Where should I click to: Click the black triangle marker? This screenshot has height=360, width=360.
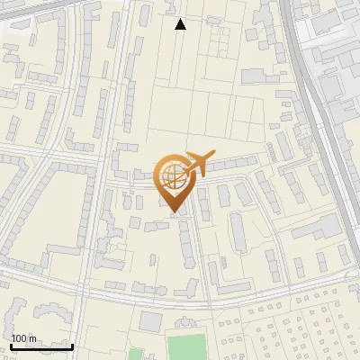[x=180, y=24]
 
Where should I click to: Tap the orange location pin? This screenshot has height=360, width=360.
[x=173, y=180]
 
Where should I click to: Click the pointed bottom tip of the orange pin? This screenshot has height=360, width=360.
[x=174, y=214]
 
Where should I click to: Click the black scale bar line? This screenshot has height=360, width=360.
[x=41, y=346]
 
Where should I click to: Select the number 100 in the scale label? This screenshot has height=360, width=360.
[x=19, y=338]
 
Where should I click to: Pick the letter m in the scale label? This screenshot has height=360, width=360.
[x=31, y=338]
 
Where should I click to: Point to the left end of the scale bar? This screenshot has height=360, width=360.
[x=11, y=346]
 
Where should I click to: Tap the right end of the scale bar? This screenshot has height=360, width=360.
[x=72, y=346]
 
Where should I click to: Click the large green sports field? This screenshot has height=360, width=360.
[x=186, y=347]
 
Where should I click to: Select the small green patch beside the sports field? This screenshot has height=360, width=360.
[x=135, y=354]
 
